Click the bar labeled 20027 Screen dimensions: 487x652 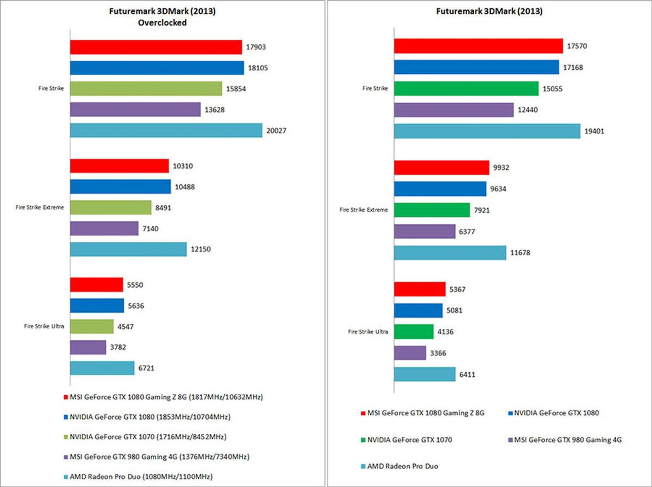point(166,130)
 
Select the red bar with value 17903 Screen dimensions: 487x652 point(156,47)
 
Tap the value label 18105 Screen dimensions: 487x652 point(258,68)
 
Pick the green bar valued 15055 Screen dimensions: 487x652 point(466,89)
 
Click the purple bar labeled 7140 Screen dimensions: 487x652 point(104,228)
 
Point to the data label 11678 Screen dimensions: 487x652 point(520,253)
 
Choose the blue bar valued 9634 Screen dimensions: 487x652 point(440,189)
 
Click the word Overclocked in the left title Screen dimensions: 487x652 point(162,23)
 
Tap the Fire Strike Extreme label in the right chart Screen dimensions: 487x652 point(363,210)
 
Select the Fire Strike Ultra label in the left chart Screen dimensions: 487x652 point(44,326)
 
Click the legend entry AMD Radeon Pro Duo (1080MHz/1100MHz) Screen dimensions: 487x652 point(141,476)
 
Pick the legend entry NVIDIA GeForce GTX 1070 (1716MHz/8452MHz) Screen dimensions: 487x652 point(148,437)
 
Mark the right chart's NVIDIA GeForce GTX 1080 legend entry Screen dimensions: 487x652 point(556,413)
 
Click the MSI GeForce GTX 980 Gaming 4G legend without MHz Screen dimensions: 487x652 point(568,440)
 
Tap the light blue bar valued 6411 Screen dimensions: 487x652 point(424,374)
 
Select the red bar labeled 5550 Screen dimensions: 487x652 point(96,285)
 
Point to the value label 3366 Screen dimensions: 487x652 point(438,353)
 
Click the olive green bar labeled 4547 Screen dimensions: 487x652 point(92,326)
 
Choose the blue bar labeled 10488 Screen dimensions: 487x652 point(120,187)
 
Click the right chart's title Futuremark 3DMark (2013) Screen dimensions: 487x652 point(489,11)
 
